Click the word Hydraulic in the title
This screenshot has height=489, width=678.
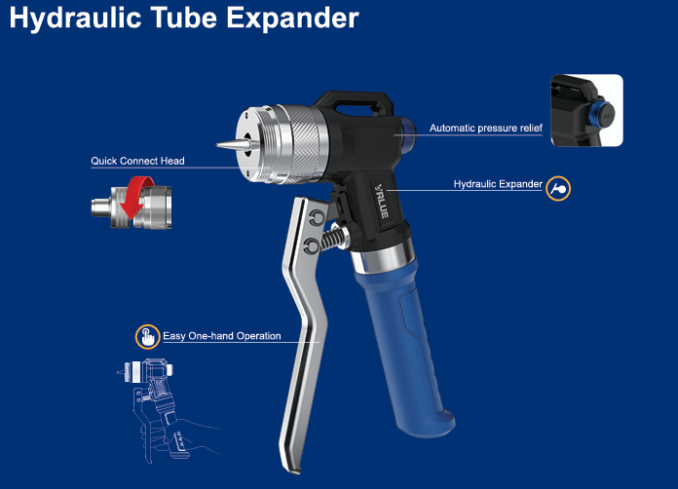(75, 19)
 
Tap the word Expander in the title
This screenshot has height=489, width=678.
(292, 18)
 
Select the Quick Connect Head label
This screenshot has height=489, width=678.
(137, 161)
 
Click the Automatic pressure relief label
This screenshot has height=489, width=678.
(485, 128)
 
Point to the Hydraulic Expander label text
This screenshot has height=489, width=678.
(498, 184)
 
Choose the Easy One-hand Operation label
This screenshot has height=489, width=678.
(222, 336)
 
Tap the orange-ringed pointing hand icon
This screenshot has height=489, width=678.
(147, 336)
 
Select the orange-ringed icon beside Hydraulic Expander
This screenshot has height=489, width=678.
(558, 189)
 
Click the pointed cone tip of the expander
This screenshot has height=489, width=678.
(217, 145)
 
